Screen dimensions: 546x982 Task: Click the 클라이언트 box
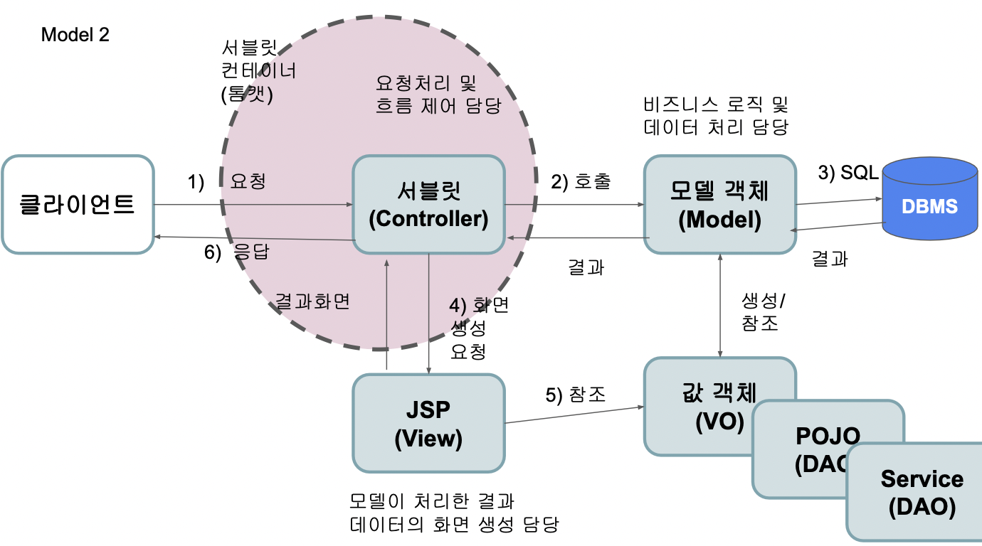[78, 205]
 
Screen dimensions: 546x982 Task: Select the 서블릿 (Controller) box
[428, 205]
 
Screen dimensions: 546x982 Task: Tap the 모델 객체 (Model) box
[719, 205]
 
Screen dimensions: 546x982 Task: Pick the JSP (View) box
[428, 424]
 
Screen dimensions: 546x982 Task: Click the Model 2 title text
[75, 35]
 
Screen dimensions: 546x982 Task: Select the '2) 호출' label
[581, 181]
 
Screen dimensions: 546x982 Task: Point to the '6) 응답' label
[236, 252]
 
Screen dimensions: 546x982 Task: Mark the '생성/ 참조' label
[760, 311]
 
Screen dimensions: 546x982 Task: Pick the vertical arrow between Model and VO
[721, 305]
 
